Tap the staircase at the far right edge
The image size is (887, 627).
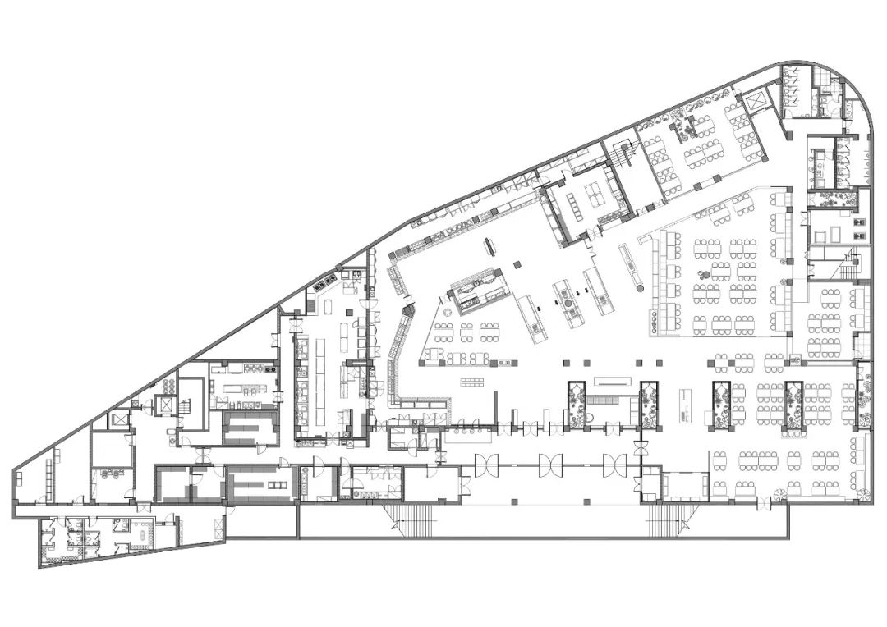(x=851, y=264)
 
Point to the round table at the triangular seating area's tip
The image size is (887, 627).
(x=448, y=313)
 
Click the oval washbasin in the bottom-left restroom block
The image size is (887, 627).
(x=147, y=532)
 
